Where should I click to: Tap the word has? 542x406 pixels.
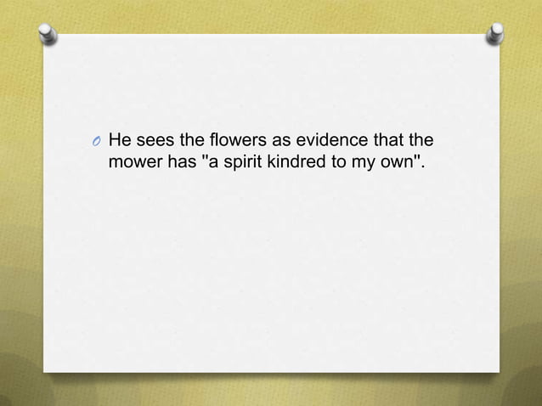[180, 161]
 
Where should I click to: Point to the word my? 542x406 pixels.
[360, 161]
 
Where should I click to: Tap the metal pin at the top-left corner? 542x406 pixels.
[48, 35]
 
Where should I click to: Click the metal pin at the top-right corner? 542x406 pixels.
[494, 35]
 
